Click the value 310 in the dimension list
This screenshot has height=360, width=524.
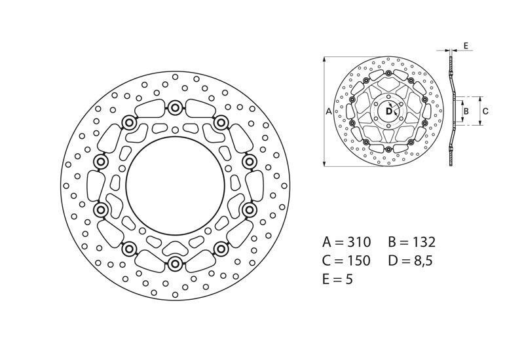coord(359,242)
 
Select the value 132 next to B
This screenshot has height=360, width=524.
coord(423,242)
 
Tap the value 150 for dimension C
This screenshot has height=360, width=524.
coord(358,261)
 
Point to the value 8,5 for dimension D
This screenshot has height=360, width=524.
coord(423,261)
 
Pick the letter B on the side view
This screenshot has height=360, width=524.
coord(466,111)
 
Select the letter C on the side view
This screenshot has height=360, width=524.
coord(485,111)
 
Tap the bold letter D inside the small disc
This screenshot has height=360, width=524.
coord(388,112)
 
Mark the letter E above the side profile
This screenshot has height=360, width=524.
coord(464,45)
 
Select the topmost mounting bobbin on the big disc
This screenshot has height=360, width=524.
coord(175,107)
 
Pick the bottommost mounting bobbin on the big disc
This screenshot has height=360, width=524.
coord(175,263)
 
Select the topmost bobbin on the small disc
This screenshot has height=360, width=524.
coord(388,81)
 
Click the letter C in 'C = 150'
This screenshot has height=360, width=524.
coord(328,261)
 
